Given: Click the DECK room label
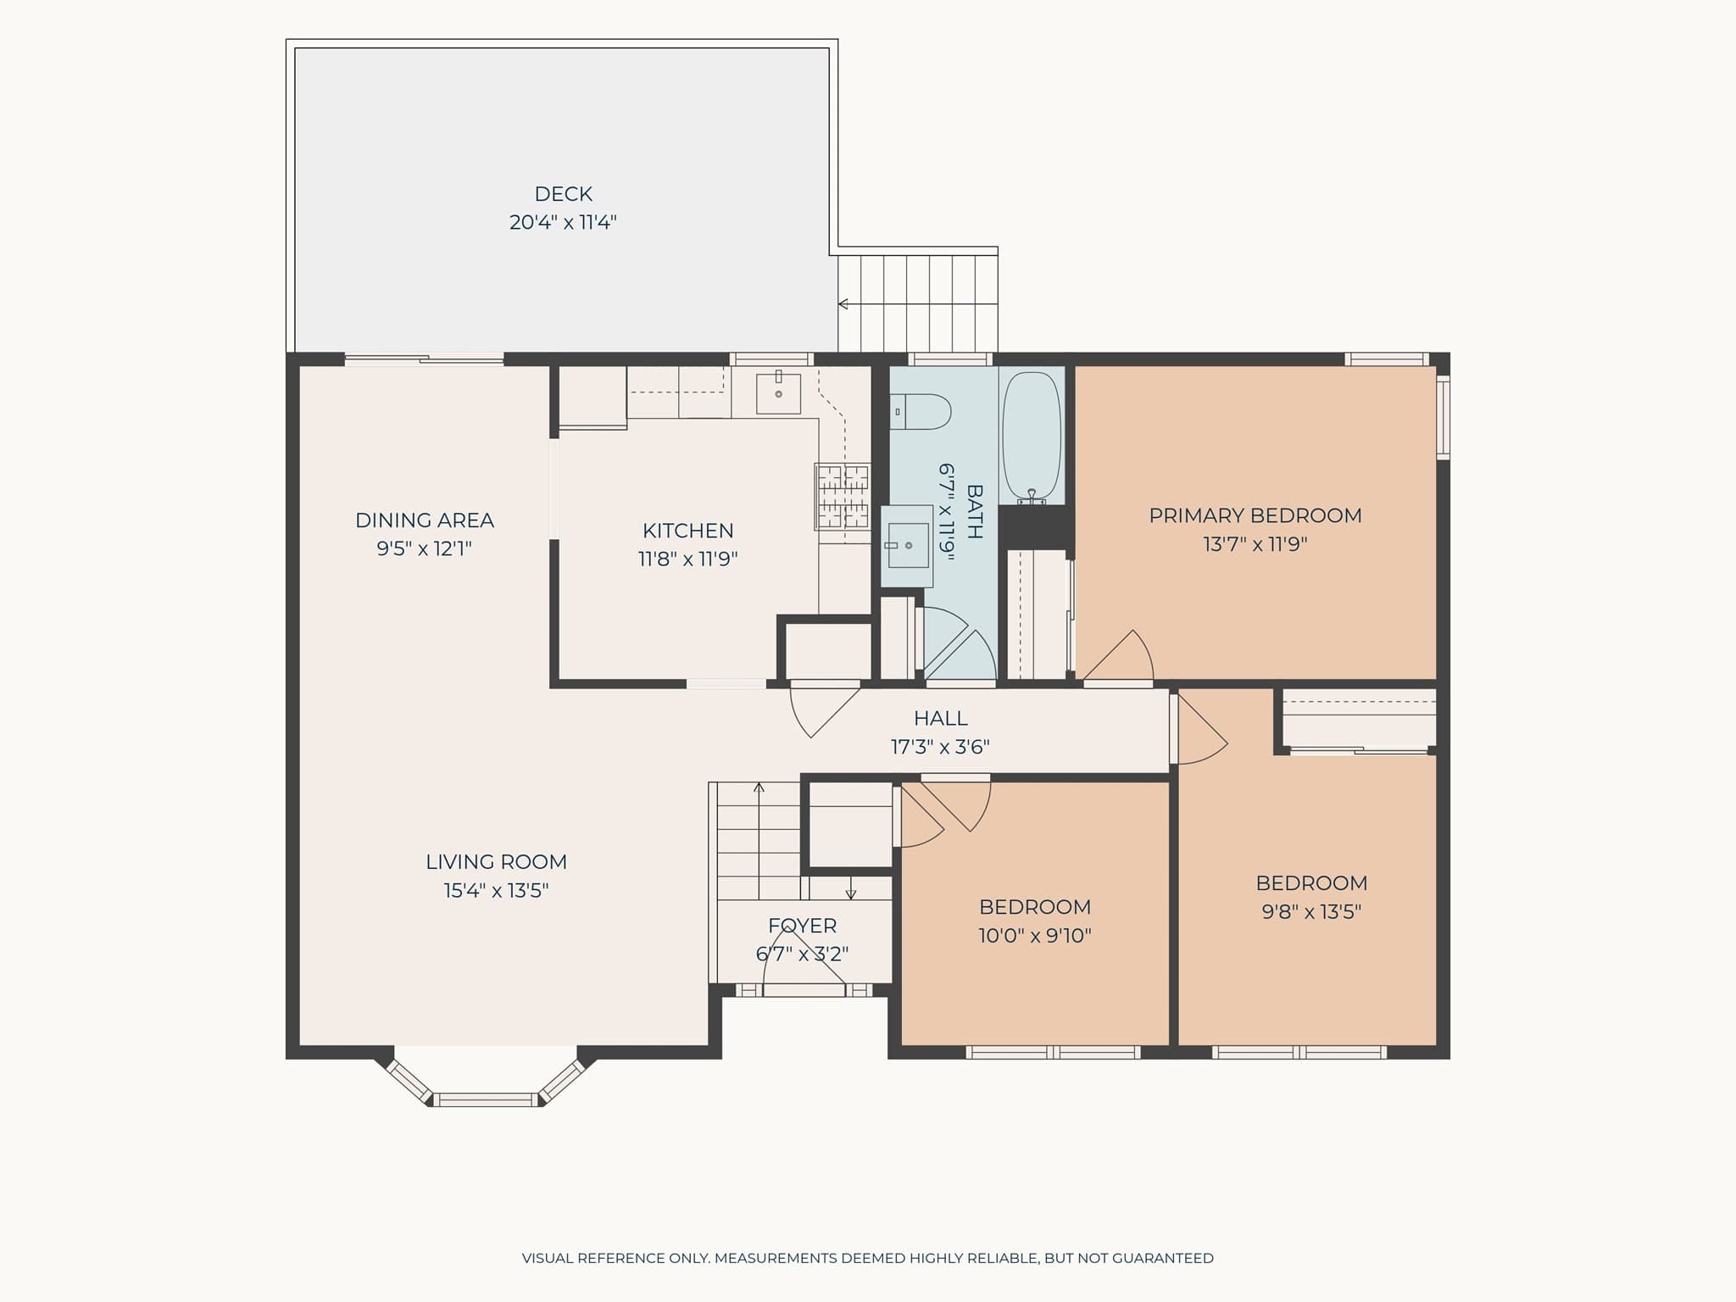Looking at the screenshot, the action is click(563, 194).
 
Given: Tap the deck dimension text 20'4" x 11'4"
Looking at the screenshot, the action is click(563, 222).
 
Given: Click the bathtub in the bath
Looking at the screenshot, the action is click(1032, 437).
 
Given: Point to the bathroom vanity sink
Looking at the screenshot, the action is click(907, 545).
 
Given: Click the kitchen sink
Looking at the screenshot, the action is click(778, 392).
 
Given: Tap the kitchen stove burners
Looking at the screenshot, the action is click(843, 496).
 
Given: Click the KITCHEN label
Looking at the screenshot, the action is click(687, 531).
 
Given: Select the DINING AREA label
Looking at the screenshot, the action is click(424, 520).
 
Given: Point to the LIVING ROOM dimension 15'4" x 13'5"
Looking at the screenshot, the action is click(496, 890).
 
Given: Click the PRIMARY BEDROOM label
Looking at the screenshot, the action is click(1255, 515).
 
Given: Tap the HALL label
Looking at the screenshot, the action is click(940, 718).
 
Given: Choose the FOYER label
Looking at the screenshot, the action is click(802, 926).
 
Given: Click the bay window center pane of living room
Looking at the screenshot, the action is click(487, 1099).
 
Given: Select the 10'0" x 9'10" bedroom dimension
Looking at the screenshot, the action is click(1035, 936).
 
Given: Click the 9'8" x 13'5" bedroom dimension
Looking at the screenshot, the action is click(1311, 912).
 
